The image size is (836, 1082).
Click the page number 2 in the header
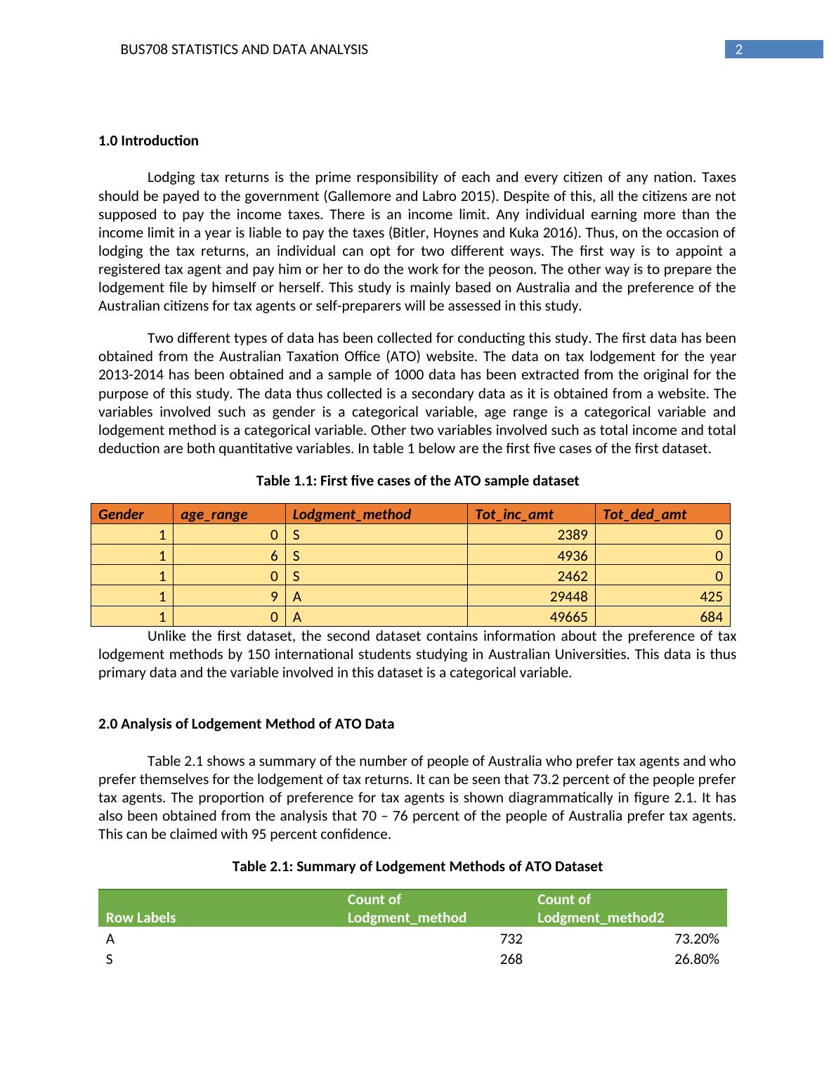point(738,49)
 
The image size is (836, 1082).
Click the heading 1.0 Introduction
point(148,141)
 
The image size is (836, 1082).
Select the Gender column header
point(122,514)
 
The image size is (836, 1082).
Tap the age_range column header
point(214,514)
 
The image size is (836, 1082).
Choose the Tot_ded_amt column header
point(644,514)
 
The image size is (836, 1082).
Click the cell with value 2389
point(572,535)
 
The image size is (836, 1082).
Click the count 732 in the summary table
point(511,939)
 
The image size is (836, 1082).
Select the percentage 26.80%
point(696,959)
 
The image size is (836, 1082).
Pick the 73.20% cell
point(696,939)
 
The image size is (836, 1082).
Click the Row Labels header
point(141,918)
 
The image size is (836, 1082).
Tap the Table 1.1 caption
point(417,481)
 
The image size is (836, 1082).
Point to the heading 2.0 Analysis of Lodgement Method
point(246,724)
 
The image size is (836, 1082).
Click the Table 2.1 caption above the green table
point(417,866)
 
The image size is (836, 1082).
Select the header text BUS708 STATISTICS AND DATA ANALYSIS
point(244,50)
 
